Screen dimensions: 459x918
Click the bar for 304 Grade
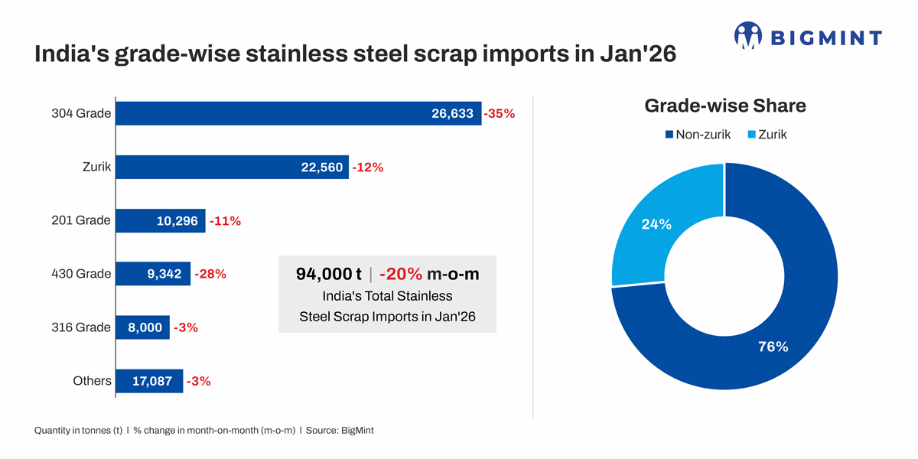tap(298, 113)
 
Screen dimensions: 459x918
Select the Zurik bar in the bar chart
tap(232, 168)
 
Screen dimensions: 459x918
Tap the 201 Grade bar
tap(160, 221)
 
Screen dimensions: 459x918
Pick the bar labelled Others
tap(149, 381)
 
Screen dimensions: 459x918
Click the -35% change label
tap(500, 114)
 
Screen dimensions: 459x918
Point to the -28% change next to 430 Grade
tap(210, 274)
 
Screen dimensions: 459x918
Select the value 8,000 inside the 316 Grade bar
tap(145, 327)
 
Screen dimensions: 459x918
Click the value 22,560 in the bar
tap(322, 168)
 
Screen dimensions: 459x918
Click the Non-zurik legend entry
tap(698, 135)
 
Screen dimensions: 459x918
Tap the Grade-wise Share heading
tap(725, 106)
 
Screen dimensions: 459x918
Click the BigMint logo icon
tap(748, 36)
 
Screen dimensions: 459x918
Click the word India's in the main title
tap(71, 54)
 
